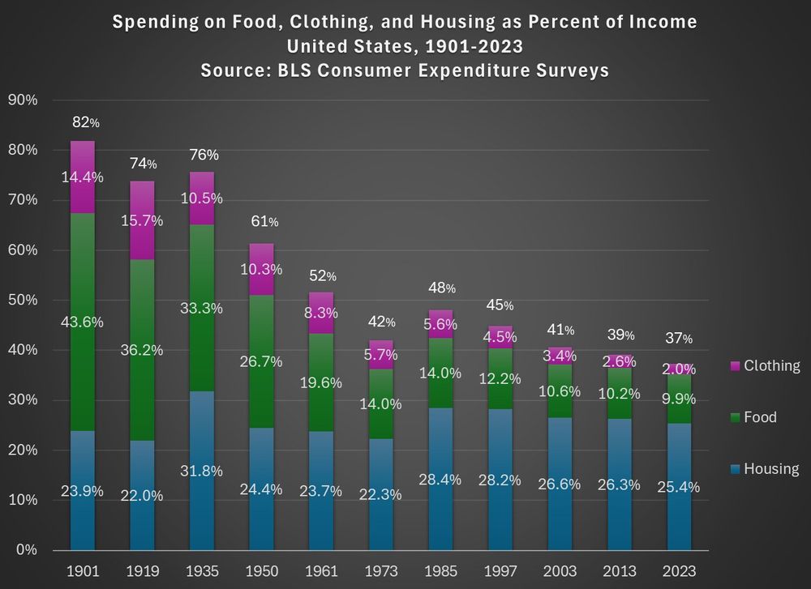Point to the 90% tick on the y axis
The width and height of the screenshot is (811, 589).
(x=22, y=100)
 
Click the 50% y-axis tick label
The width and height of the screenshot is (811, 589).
(x=22, y=300)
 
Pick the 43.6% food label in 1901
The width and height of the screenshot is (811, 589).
(x=84, y=322)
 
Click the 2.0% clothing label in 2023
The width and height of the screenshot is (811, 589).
(x=679, y=369)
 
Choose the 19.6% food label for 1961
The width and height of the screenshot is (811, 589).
(x=322, y=382)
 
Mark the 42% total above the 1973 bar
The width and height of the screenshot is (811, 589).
(x=381, y=322)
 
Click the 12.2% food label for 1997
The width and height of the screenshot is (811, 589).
(x=500, y=378)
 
